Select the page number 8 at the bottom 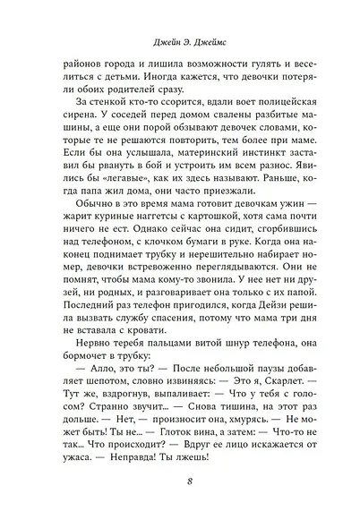179,484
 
